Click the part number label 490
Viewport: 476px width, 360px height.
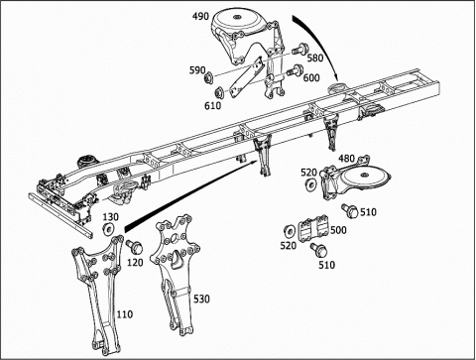[201, 16]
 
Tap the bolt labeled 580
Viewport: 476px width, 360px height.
[300, 49]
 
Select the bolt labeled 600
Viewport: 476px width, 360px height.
[296, 69]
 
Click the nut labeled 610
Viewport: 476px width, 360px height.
[219, 92]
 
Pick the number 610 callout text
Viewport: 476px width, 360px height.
[212, 105]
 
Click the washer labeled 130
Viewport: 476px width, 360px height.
[108, 229]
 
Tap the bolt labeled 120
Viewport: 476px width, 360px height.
[135, 246]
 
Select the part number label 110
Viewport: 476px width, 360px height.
[124, 314]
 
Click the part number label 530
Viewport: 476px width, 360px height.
[201, 299]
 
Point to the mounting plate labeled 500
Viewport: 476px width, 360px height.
[313, 227]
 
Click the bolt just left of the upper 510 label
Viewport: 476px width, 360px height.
[350, 210]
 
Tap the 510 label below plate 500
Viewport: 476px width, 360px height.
[327, 265]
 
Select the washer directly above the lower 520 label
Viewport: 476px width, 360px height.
[290, 231]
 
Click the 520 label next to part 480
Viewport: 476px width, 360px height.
[308, 173]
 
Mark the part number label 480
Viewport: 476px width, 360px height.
[346, 159]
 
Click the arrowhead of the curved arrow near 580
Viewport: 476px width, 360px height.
[336, 77]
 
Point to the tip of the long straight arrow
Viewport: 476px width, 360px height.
[258, 161]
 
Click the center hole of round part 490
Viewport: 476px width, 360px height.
[236, 17]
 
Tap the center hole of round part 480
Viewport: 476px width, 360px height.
[365, 175]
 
